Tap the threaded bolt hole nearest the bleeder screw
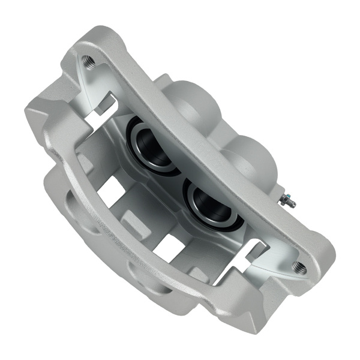tap(298, 267)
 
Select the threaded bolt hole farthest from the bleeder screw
tap(88, 61)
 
